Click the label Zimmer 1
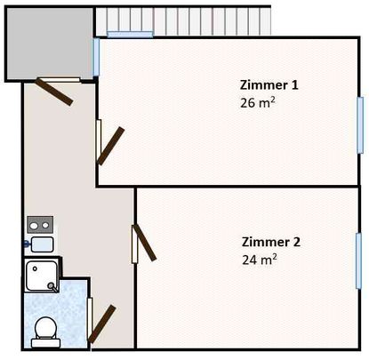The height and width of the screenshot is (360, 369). (x=269, y=85)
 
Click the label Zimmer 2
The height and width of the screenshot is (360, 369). (x=270, y=242)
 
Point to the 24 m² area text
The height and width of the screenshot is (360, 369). (x=259, y=260)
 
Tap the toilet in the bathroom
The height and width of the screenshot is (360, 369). (x=44, y=331)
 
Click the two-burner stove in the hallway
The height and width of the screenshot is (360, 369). (x=40, y=223)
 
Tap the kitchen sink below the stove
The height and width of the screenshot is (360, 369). (x=41, y=243)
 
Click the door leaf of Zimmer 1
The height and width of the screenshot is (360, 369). (x=112, y=146)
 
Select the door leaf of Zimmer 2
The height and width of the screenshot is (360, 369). (x=144, y=243)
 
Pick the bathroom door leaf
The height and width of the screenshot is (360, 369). (x=101, y=324)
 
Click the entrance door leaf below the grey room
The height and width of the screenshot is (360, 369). (x=54, y=91)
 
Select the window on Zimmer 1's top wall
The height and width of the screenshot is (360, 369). (x=131, y=35)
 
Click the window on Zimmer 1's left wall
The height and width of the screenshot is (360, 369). (x=96, y=58)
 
